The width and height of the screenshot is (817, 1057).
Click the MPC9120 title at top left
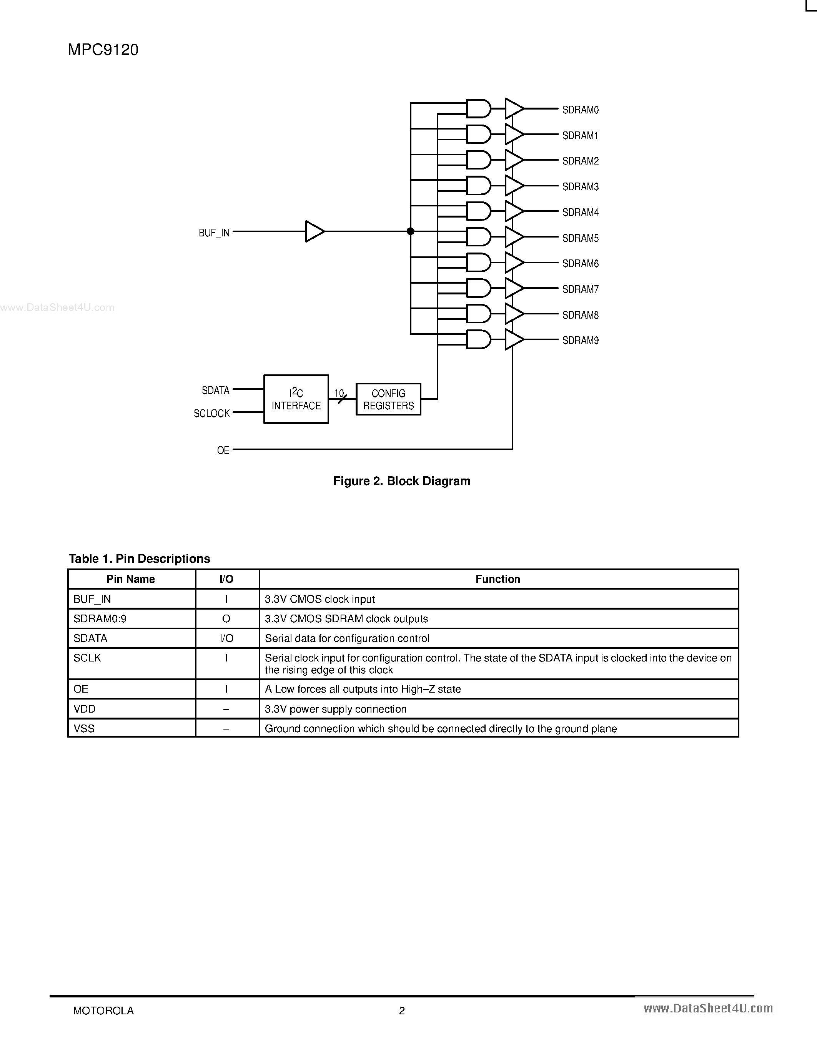point(103,50)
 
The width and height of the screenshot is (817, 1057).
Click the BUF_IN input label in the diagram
point(214,233)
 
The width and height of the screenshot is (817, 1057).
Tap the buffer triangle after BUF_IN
point(314,231)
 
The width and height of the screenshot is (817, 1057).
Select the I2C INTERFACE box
point(296,399)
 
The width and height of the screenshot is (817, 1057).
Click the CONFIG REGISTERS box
point(388,399)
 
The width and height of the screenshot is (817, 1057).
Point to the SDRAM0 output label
point(580,110)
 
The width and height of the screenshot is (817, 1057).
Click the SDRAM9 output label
point(580,341)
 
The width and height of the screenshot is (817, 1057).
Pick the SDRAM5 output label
point(580,238)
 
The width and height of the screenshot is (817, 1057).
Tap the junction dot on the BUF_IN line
point(411,231)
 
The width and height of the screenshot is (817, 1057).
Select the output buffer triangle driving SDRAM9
point(513,339)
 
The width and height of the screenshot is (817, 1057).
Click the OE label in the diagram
point(223,450)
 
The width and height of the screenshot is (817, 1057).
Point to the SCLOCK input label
point(211,413)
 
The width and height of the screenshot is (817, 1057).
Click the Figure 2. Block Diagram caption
point(402,481)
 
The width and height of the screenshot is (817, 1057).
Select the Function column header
point(498,579)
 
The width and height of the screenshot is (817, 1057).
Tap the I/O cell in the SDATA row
point(226,638)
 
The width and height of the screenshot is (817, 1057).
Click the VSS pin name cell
point(84,728)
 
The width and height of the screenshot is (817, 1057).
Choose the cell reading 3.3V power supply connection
point(335,709)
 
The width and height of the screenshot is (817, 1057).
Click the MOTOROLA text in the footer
point(103,1010)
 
